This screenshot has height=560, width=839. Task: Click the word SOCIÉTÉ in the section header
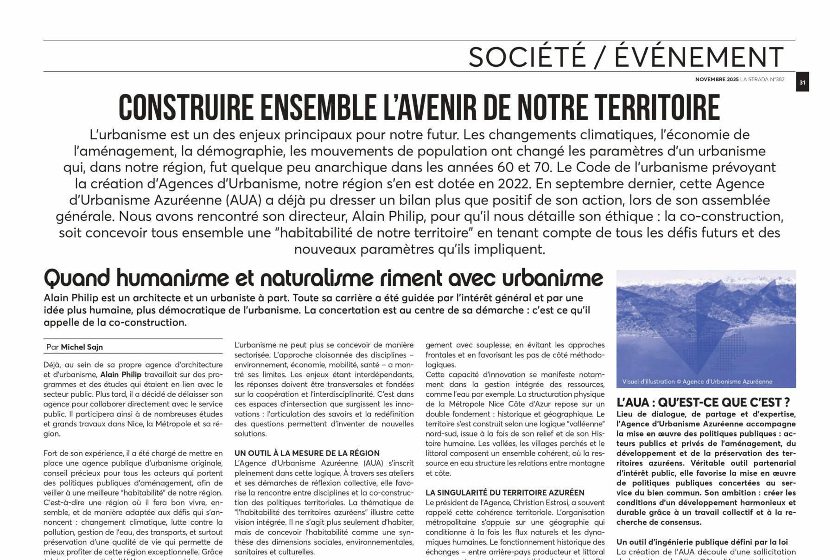pos(527,57)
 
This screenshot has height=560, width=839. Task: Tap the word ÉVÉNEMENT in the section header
pos(699,57)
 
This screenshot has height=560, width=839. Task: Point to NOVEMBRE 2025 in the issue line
pos(717,79)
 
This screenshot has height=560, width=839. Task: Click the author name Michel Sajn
pos(82,347)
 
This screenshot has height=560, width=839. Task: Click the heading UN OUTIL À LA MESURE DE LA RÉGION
pos(307,453)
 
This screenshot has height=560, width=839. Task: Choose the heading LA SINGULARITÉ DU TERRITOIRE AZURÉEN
pos(505,492)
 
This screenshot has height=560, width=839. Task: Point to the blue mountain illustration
pos(706,325)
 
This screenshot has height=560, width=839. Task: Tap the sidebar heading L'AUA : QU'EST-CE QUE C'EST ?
pos(703,402)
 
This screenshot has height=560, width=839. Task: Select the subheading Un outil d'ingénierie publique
pos(702,542)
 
